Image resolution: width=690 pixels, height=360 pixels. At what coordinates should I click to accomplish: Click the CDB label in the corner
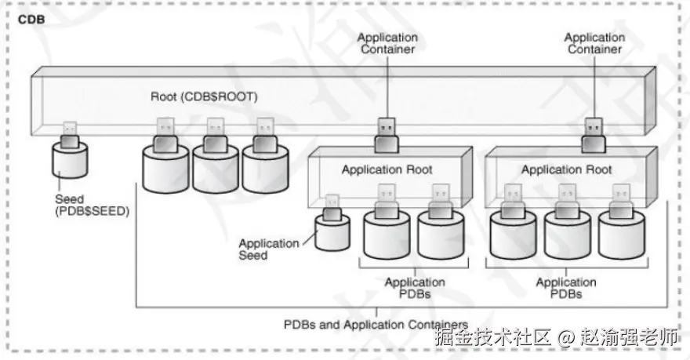pyautogui.click(x=31, y=20)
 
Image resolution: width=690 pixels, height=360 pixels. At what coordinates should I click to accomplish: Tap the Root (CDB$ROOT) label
pyautogui.click(x=204, y=96)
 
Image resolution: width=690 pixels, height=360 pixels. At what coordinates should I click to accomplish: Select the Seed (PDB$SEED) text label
pyautogui.click(x=93, y=205)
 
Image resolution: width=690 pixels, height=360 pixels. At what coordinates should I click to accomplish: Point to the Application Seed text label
pyautogui.click(x=269, y=249)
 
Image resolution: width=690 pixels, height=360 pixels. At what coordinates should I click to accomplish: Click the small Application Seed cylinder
pyautogui.click(x=332, y=233)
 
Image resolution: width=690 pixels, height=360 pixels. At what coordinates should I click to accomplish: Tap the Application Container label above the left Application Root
pyautogui.click(x=387, y=43)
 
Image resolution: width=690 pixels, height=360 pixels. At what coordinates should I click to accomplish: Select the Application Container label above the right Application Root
pyautogui.click(x=594, y=43)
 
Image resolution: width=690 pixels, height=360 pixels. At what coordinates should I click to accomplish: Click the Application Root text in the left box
pyautogui.click(x=387, y=169)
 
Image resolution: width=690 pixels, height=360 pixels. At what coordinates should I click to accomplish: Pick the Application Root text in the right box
pyautogui.click(x=567, y=169)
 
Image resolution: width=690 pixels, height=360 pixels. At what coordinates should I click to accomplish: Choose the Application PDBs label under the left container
pyautogui.click(x=415, y=288)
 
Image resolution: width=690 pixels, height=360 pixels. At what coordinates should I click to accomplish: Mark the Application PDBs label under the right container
pyautogui.click(x=566, y=288)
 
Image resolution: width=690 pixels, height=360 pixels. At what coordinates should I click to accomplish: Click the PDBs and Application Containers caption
pyautogui.click(x=376, y=325)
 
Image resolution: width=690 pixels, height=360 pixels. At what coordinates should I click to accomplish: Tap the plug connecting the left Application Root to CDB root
pyautogui.click(x=387, y=136)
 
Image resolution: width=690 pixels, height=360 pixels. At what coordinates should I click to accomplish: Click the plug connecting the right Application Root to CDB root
pyautogui.click(x=594, y=136)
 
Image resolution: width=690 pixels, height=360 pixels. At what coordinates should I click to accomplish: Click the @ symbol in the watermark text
pyautogui.click(x=565, y=338)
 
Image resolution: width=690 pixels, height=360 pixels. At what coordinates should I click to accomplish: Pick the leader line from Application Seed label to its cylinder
pyautogui.click(x=309, y=238)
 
